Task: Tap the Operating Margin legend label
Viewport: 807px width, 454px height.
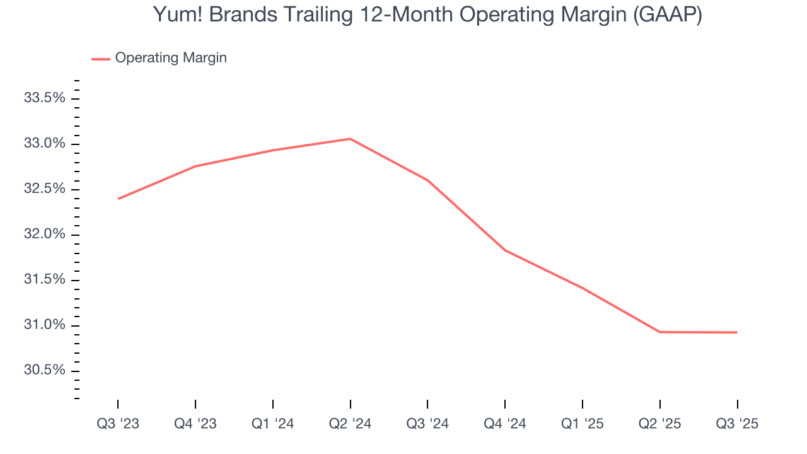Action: point(171,58)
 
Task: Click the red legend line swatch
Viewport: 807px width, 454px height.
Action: point(101,59)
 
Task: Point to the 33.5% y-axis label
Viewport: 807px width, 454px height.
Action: point(44,98)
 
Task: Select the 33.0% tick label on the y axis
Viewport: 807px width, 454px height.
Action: point(44,144)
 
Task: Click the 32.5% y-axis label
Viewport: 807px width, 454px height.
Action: point(44,189)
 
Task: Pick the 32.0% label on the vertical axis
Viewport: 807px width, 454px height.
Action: point(44,235)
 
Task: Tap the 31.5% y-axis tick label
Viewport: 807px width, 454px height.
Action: point(44,280)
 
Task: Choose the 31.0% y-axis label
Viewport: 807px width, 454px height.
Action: point(44,325)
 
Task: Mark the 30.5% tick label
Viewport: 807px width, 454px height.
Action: point(44,370)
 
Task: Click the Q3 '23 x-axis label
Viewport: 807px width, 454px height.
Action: point(118,424)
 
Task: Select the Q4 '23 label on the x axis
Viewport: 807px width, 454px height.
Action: point(195,424)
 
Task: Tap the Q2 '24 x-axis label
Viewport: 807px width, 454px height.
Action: point(351,424)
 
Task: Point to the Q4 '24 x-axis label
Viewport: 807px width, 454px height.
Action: point(505,424)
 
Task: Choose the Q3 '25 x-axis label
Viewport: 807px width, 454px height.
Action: point(737,424)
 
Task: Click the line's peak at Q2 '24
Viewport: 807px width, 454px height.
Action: point(351,139)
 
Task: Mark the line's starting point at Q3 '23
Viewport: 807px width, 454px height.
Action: point(119,199)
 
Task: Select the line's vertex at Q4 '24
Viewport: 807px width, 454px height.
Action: point(505,250)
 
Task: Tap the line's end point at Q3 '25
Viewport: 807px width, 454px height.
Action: point(736,332)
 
